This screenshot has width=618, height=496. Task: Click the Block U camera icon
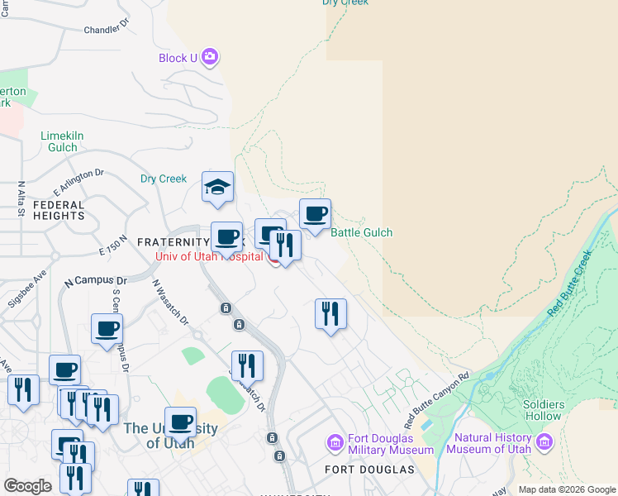pyautogui.click(x=210, y=57)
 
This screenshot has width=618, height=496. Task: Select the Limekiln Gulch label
pyautogui.click(x=63, y=141)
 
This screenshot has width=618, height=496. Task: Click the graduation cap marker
pyautogui.click(x=217, y=188)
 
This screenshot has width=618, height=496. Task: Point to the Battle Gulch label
pyautogui.click(x=361, y=233)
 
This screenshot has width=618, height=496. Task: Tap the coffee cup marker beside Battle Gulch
pyautogui.click(x=315, y=215)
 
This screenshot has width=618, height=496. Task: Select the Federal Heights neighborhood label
pyautogui.click(x=59, y=210)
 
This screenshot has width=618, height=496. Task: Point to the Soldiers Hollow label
pyautogui.click(x=543, y=410)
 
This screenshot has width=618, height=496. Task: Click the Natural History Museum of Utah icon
pyautogui.click(x=544, y=443)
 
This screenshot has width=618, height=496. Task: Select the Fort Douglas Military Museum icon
pyautogui.click(x=335, y=443)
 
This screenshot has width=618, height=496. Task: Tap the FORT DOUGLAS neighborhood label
pyautogui.click(x=369, y=470)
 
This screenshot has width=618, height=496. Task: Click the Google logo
pyautogui.click(x=28, y=486)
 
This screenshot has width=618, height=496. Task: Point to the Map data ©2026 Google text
pyautogui.click(x=566, y=489)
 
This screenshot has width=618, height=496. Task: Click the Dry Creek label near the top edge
pyautogui.click(x=345, y=2)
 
